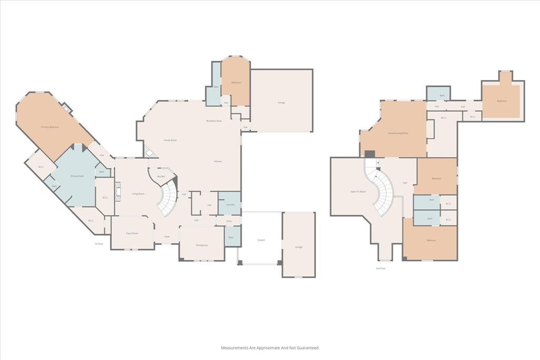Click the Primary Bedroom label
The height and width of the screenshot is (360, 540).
pyautogui.click(x=50, y=127)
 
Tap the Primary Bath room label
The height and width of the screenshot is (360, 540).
pyautogui.click(x=78, y=176)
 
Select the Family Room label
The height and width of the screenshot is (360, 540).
pyautogui.click(x=170, y=140)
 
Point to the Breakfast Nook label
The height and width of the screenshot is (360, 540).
pyautogui.click(x=214, y=121)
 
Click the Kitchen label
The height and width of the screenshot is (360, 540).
pyautogui.click(x=217, y=161)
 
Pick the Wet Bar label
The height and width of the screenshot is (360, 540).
pyautogui.click(x=158, y=176)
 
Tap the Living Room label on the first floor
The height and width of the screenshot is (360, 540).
pyautogui.click(x=138, y=194)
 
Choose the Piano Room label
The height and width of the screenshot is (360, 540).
pyautogui.click(x=132, y=233)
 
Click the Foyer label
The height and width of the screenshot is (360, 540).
pyautogui.click(x=167, y=237)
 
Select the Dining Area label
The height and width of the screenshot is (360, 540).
pyautogui.click(x=202, y=245)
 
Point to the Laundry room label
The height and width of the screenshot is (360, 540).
pyautogui.click(x=230, y=205)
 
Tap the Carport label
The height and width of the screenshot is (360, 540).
pyautogui.click(x=261, y=240)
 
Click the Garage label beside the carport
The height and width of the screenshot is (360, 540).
pyautogui.click(x=298, y=247)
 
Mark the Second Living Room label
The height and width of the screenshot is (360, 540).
pyautogui.click(x=398, y=133)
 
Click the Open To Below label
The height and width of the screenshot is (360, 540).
pyautogui.click(x=358, y=191)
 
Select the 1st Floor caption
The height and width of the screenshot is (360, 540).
pyautogui.click(x=99, y=244)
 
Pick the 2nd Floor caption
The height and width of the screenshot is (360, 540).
pyautogui.click(x=380, y=269)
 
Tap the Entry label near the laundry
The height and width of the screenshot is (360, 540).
pyautogui.click(x=229, y=221)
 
